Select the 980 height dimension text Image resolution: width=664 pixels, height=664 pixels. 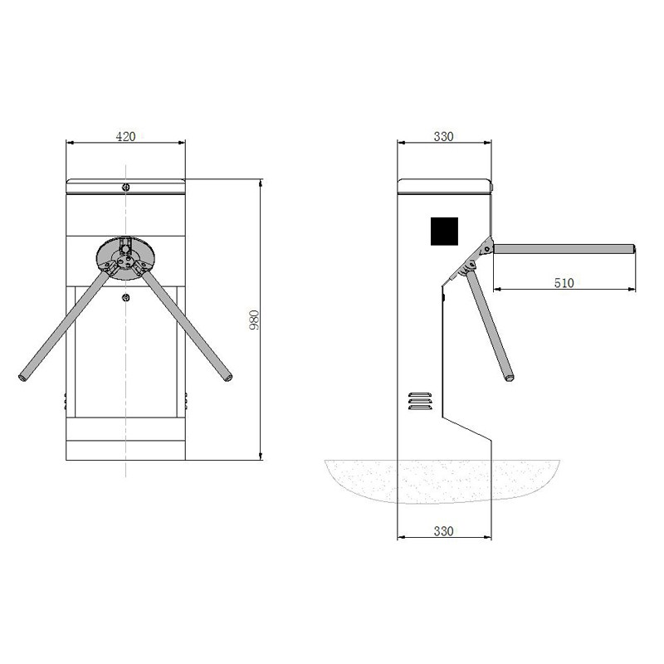(x=255, y=320)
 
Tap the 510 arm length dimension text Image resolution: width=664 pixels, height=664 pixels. (x=564, y=283)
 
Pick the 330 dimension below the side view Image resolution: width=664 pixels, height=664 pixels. (x=444, y=531)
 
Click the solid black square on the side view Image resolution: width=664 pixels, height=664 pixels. (x=445, y=231)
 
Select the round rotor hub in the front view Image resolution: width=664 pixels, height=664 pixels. (x=124, y=254)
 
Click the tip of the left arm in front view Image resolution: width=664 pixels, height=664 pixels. (x=23, y=379)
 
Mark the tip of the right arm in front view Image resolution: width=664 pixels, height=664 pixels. (x=227, y=379)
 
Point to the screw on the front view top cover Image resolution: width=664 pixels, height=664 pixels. (x=124, y=187)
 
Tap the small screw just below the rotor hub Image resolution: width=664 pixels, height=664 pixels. (x=125, y=298)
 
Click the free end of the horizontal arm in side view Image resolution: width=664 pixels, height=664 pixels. (x=633, y=248)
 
